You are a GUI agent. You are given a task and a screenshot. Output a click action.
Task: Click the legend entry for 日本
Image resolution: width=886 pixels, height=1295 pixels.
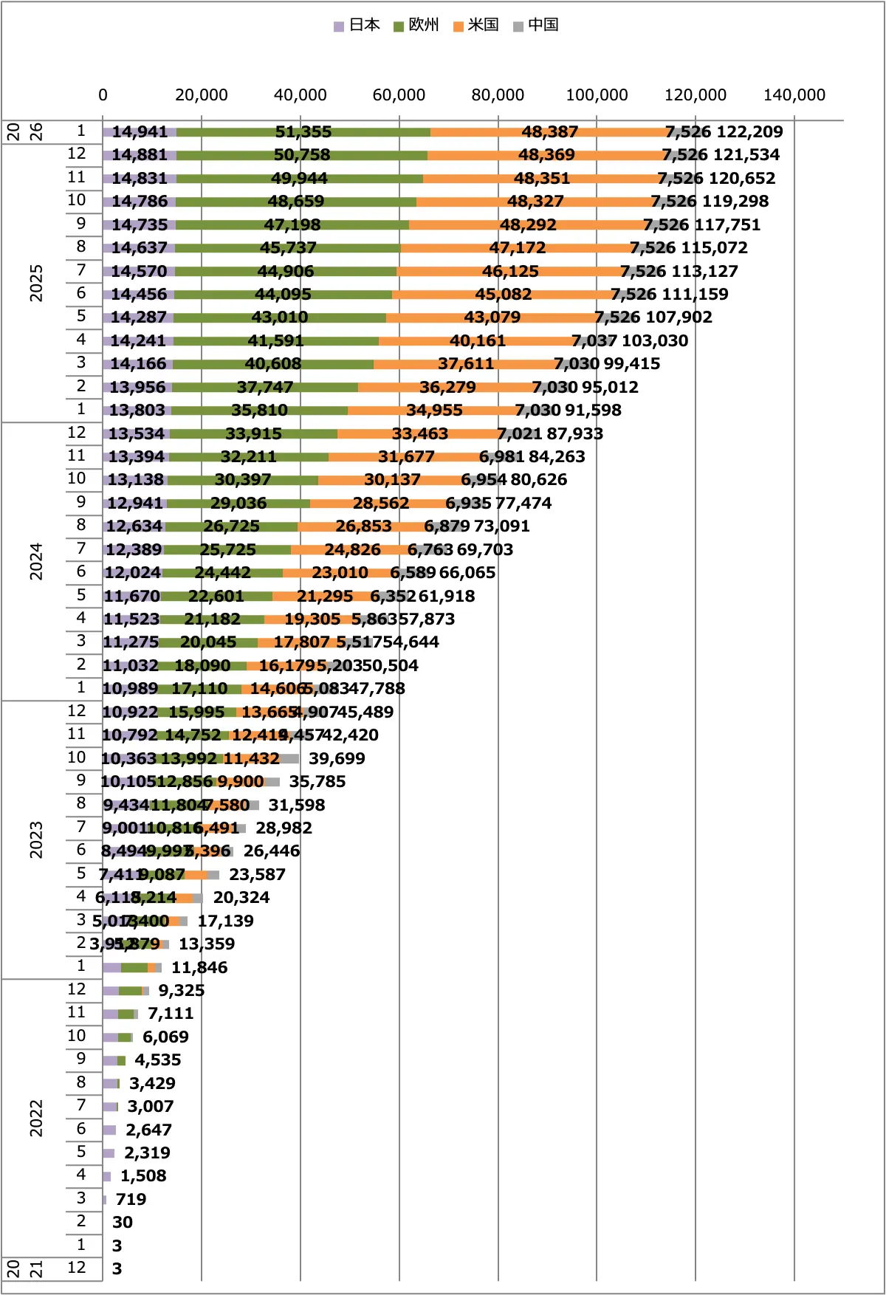[357, 25]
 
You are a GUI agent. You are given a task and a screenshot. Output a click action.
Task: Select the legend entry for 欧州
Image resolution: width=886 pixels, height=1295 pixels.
[416, 25]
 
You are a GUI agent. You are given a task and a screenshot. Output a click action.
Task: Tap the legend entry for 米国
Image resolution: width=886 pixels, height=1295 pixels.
[476, 25]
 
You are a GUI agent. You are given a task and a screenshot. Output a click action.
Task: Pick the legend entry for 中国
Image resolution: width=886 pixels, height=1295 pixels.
[536, 25]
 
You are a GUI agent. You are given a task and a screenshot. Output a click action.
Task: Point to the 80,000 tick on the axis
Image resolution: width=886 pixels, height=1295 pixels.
[498, 95]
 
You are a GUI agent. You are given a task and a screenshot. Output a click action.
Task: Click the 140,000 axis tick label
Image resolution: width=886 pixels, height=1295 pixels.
[794, 95]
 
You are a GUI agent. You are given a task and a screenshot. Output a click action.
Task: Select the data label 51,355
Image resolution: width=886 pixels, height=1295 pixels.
[303, 131]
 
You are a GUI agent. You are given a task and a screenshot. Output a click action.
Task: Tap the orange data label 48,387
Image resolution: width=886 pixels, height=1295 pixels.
[549, 131]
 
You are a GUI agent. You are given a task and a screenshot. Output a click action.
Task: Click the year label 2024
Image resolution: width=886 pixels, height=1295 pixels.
[35, 561]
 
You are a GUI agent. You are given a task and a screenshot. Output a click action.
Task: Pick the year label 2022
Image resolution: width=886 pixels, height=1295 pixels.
[35, 1118]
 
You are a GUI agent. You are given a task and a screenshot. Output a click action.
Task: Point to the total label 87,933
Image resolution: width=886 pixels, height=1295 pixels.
[574, 433]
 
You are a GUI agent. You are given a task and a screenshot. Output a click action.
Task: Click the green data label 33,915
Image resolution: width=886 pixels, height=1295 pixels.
[253, 433]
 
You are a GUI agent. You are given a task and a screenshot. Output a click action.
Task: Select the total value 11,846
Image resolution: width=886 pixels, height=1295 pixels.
[199, 967]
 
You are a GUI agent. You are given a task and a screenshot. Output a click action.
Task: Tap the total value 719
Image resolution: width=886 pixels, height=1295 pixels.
[131, 1199]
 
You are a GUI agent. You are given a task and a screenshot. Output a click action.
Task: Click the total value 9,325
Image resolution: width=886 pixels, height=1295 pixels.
[181, 990]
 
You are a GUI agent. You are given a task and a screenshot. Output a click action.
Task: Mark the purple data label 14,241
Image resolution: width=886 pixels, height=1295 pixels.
[139, 340]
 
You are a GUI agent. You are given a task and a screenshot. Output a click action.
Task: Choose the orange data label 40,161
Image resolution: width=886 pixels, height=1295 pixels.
[478, 340]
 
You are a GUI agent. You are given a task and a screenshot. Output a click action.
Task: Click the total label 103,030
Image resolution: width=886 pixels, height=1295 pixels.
[655, 340]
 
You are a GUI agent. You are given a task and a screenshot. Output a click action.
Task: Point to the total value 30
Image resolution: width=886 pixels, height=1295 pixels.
[123, 1222]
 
